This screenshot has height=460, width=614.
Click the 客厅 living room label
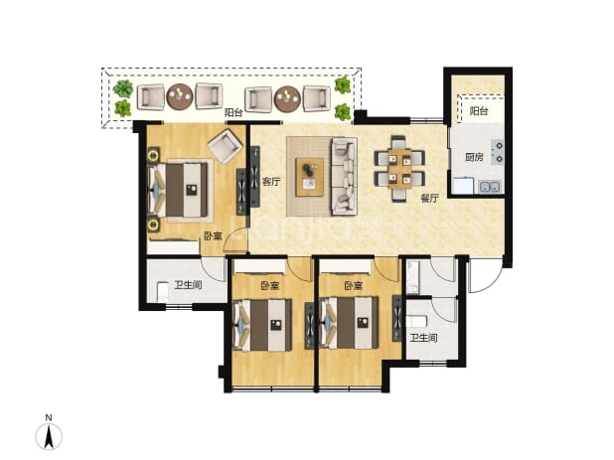point(271,182)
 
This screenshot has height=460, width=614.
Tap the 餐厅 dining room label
point(429,199)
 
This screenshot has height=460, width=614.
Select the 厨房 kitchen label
point(474,157)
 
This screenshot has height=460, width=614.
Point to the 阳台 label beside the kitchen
point(479,111)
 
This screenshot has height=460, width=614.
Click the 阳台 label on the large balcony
point(233,112)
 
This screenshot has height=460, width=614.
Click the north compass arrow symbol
point(49,436)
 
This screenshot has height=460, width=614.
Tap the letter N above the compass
point(49,417)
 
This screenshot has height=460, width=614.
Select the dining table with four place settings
point(399,169)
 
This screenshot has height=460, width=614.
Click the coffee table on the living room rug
point(310,177)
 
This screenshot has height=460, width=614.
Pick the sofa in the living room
point(344,176)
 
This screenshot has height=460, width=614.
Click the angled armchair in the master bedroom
point(225,146)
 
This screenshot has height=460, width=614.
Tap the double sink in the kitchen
point(490,187)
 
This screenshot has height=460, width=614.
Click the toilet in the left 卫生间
point(163,292)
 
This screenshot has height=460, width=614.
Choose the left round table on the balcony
point(180,96)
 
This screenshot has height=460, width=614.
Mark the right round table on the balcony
point(287,98)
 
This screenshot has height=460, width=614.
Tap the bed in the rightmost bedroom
point(350,323)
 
